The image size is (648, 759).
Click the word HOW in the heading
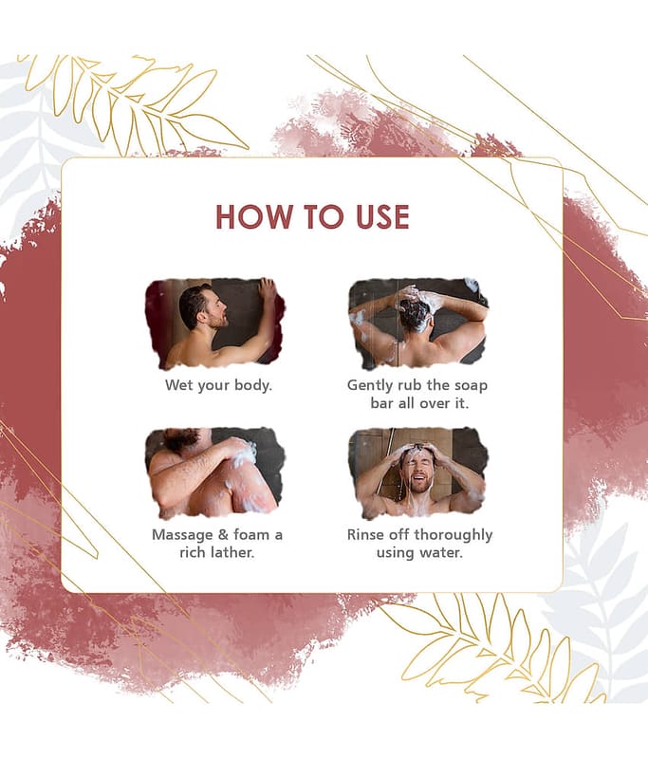(x=254, y=216)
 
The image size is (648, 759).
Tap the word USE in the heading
(x=382, y=216)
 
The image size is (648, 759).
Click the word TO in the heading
(x=324, y=216)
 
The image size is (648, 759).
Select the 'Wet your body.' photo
(x=215, y=324)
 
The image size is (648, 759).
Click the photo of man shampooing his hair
(x=418, y=324)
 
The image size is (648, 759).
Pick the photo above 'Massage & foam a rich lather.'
(x=215, y=472)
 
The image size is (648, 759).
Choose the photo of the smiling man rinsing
(x=418, y=472)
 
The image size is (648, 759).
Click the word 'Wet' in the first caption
(x=178, y=385)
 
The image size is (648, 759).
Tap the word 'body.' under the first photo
(x=253, y=385)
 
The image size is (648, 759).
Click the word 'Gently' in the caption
(x=370, y=386)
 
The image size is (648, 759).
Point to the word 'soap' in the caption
(x=471, y=386)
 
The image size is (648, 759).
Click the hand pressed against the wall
(x=267, y=290)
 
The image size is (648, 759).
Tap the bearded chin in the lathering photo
(x=180, y=438)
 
